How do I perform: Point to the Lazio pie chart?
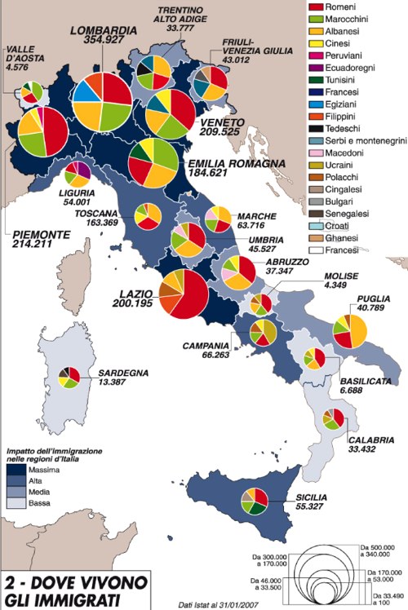[183, 297]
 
